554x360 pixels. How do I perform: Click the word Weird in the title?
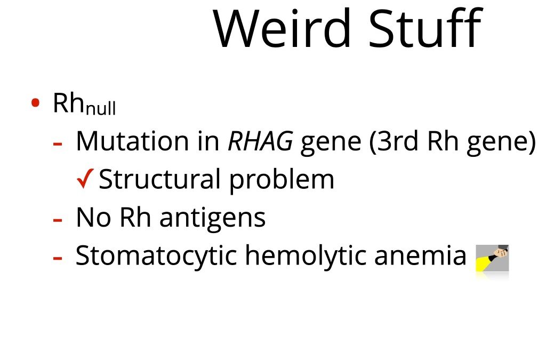pyautogui.click(x=282, y=28)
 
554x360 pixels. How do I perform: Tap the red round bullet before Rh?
pyautogui.click(x=35, y=103)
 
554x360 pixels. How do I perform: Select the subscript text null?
pyautogui.click(x=101, y=108)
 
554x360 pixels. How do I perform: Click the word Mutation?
pyautogui.click(x=132, y=141)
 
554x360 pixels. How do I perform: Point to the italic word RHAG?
pyautogui.click(x=260, y=141)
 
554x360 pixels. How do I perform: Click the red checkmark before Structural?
pyautogui.click(x=85, y=179)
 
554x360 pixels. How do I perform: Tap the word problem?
pyautogui.click(x=282, y=180)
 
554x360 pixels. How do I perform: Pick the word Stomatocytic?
pyautogui.click(x=156, y=255)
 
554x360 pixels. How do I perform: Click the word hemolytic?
pyautogui.click(x=306, y=255)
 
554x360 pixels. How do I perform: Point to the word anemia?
pyautogui.click(x=420, y=255)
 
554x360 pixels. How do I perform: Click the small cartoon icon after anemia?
pyautogui.click(x=492, y=258)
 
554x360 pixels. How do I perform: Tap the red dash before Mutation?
pyautogui.click(x=58, y=144)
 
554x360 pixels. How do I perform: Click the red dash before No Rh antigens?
pyautogui.click(x=58, y=220)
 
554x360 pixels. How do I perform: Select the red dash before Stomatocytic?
pyautogui.click(x=58, y=258)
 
